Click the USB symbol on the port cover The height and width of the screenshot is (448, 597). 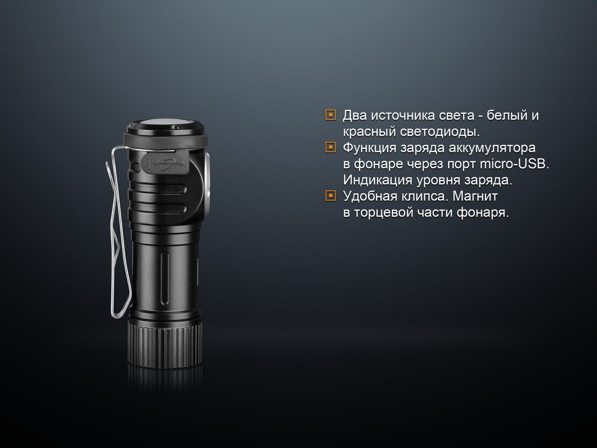point(164,162)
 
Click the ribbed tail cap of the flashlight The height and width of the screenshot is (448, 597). point(165,343)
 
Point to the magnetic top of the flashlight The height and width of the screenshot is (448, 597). point(164,124)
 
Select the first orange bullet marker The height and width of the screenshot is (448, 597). point(330,115)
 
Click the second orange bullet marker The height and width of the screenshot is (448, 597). point(330,148)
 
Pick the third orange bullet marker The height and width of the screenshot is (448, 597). point(330,196)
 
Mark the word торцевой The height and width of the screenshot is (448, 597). point(382,212)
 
